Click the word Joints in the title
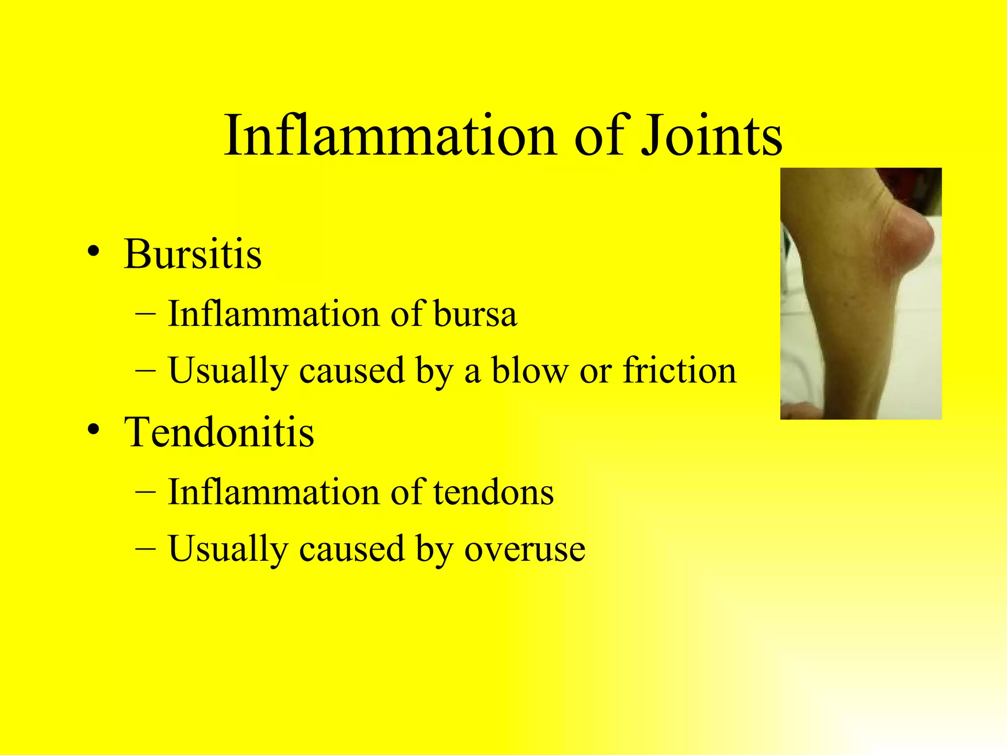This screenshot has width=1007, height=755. coord(711,135)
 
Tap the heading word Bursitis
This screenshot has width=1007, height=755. coord(193,255)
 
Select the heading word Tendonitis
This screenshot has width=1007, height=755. coord(219,433)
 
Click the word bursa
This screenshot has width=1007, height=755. coord(475,314)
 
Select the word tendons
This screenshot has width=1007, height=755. coord(494,492)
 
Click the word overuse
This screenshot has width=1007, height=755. coord(525,549)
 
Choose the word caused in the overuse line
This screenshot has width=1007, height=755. coord(351,549)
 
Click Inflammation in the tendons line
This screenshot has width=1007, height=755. coord(273,492)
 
